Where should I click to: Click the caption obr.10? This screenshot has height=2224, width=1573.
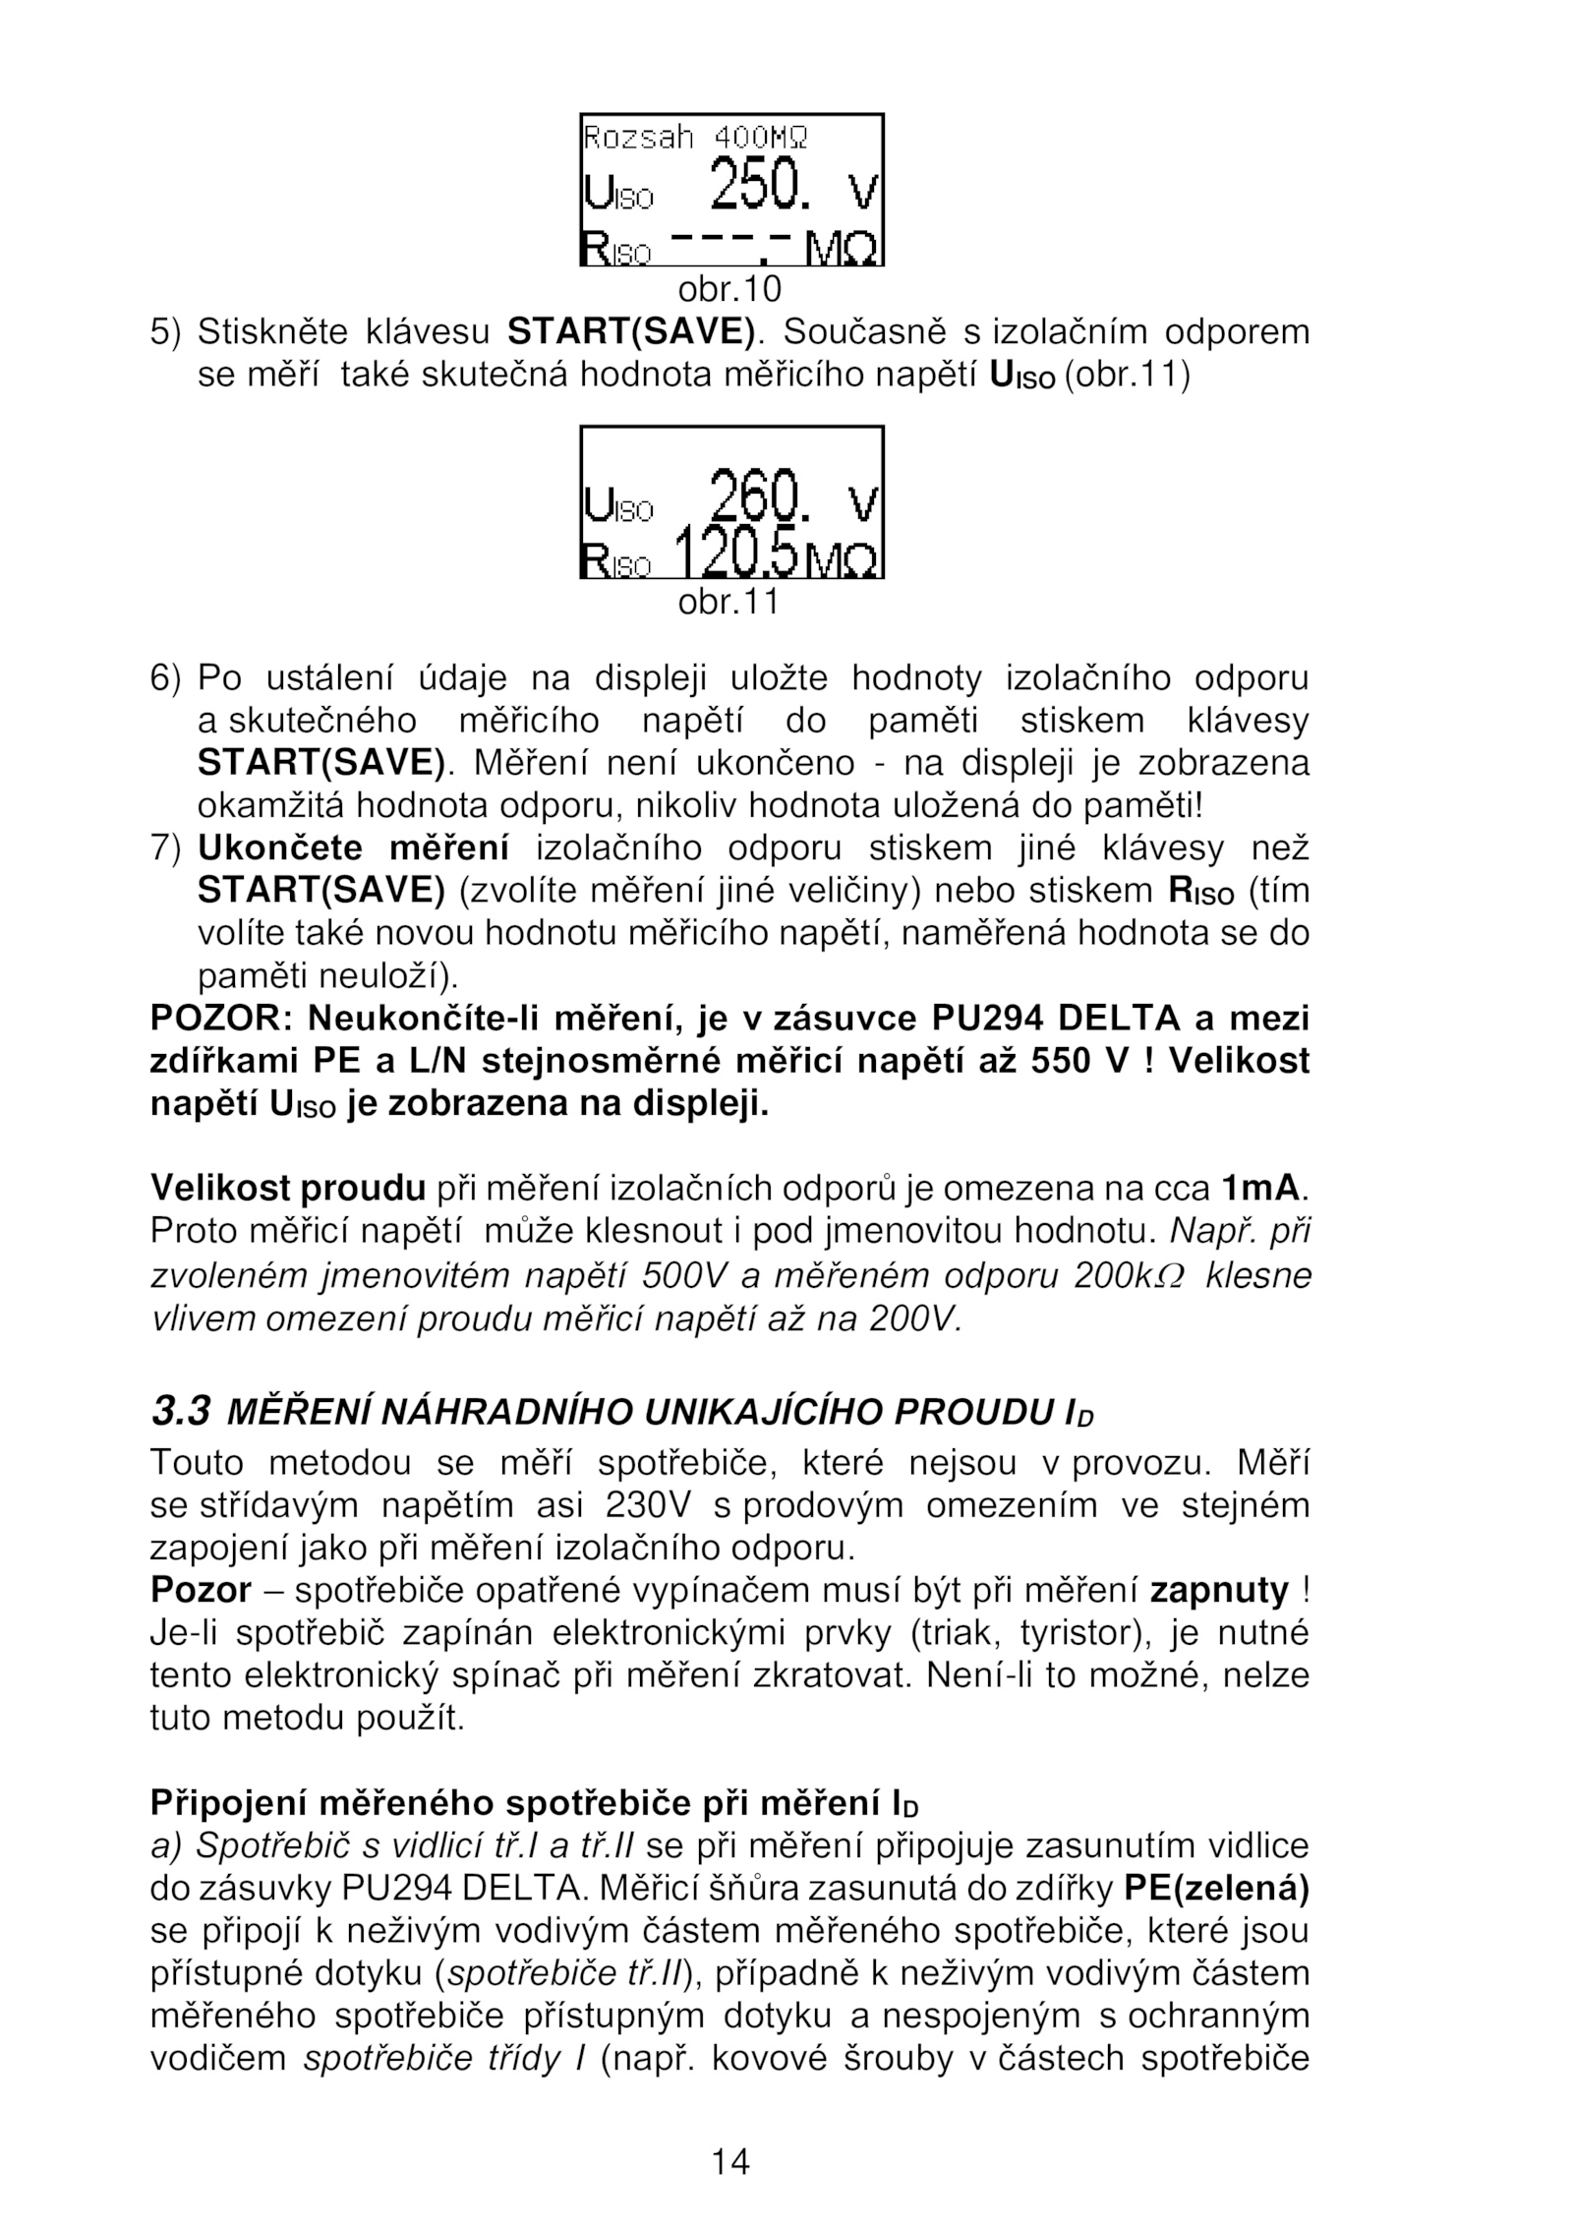click(x=728, y=289)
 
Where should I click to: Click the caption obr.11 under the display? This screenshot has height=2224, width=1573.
click(x=728, y=601)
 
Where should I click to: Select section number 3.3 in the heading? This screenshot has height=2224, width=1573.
click(x=180, y=1413)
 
